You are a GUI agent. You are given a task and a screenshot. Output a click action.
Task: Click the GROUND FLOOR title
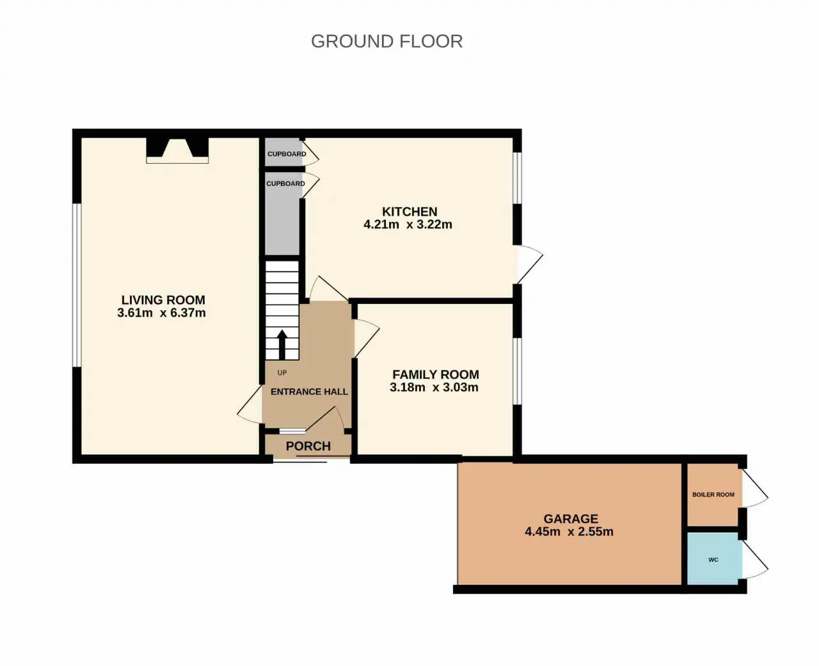pyautogui.click(x=386, y=42)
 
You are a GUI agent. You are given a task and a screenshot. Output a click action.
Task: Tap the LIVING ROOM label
pyautogui.click(x=163, y=300)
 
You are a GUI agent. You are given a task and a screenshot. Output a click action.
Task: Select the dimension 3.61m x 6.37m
pyautogui.click(x=161, y=313)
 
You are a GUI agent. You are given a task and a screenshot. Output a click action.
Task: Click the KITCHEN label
pyautogui.click(x=409, y=212)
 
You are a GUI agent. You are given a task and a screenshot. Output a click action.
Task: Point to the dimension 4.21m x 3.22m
pyautogui.click(x=408, y=225)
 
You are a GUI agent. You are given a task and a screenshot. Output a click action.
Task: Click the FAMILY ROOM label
pyautogui.click(x=436, y=374)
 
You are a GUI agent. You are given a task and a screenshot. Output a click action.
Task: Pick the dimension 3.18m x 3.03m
pyautogui.click(x=434, y=387)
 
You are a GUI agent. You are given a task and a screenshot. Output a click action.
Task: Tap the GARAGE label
pyautogui.click(x=571, y=519)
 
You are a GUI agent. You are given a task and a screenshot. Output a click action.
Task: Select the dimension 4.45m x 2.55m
pyautogui.click(x=569, y=532)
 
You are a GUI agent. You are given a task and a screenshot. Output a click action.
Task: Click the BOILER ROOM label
pyautogui.click(x=713, y=495)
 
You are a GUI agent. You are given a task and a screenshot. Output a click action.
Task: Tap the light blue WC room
pyautogui.click(x=715, y=559)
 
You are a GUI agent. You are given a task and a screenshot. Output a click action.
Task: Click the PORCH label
pyautogui.click(x=308, y=446)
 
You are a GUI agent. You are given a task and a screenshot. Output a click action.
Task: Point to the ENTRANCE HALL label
pyautogui.click(x=310, y=392)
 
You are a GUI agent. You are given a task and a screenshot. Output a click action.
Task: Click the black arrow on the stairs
pyautogui.click(x=282, y=345)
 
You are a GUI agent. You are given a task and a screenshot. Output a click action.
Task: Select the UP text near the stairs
pyautogui.click(x=282, y=372)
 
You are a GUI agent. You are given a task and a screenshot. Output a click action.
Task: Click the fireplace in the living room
pyautogui.click(x=177, y=150)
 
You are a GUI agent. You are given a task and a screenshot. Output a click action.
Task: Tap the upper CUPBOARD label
pyautogui.click(x=287, y=154)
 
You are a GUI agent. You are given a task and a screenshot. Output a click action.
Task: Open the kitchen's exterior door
pyautogui.click(x=529, y=265)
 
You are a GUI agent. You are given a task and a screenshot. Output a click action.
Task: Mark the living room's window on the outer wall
pyautogui.click(x=77, y=285)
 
